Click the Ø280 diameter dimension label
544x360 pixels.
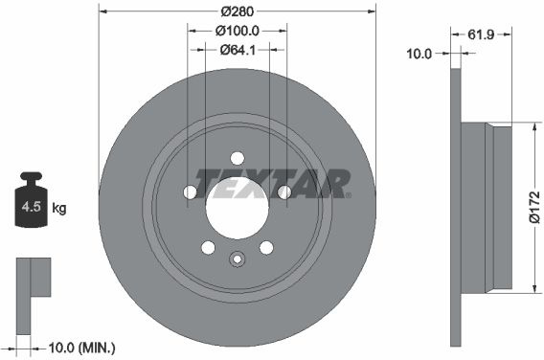coord(238,11)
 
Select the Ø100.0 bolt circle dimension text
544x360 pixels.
coord(238,31)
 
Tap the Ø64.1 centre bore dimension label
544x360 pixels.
coord(238,50)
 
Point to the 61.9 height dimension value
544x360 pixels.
coord(481,34)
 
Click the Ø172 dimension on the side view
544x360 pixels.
coord(535,207)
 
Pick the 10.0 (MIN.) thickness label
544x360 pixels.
coord(81,348)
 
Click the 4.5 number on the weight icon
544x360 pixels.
coord(32,207)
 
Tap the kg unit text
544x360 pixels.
coord(59,208)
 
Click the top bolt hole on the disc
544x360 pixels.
coord(238,158)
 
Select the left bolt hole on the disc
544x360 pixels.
coord(190,191)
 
